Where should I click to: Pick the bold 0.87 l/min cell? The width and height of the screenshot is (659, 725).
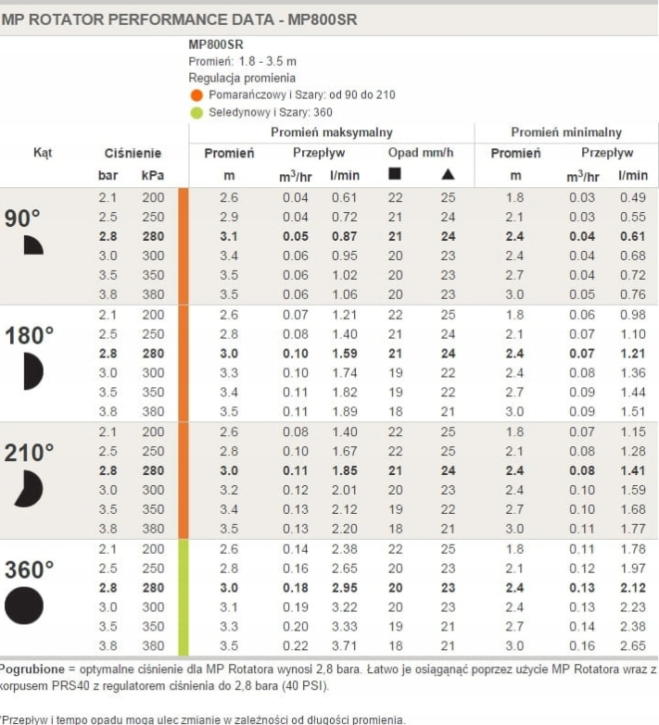pyautogui.click(x=343, y=236)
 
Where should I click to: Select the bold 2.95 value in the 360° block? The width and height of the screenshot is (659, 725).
pyautogui.click(x=343, y=588)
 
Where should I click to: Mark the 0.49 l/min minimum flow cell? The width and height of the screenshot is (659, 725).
pyautogui.click(x=633, y=197)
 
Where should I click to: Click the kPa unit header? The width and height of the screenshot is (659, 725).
pyautogui.click(x=152, y=173)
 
